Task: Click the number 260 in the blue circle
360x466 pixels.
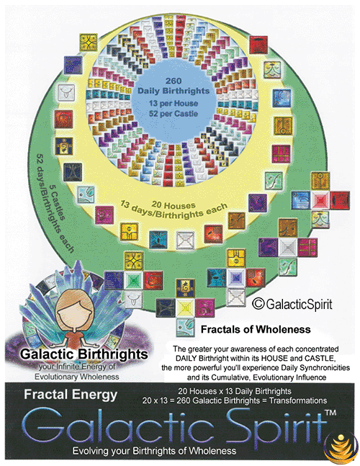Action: coord(174,81)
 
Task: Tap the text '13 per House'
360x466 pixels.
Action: coord(174,104)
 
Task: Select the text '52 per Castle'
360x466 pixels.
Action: coord(174,114)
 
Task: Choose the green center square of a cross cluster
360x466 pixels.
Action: coord(133,280)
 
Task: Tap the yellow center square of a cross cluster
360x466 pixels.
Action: coord(185,308)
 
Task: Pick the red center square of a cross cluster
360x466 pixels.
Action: coord(320,200)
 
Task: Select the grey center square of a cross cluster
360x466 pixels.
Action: coord(287,247)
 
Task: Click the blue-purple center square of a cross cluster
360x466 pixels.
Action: coord(236,277)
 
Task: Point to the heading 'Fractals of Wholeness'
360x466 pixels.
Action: coord(256,329)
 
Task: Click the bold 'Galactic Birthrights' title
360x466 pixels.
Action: coord(84,354)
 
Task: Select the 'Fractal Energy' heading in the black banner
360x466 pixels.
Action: coord(71,395)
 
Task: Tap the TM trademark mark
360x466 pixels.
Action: coord(330,413)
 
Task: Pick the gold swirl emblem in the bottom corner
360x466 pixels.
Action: coord(341,447)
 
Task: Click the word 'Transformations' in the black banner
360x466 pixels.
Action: coord(298,400)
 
